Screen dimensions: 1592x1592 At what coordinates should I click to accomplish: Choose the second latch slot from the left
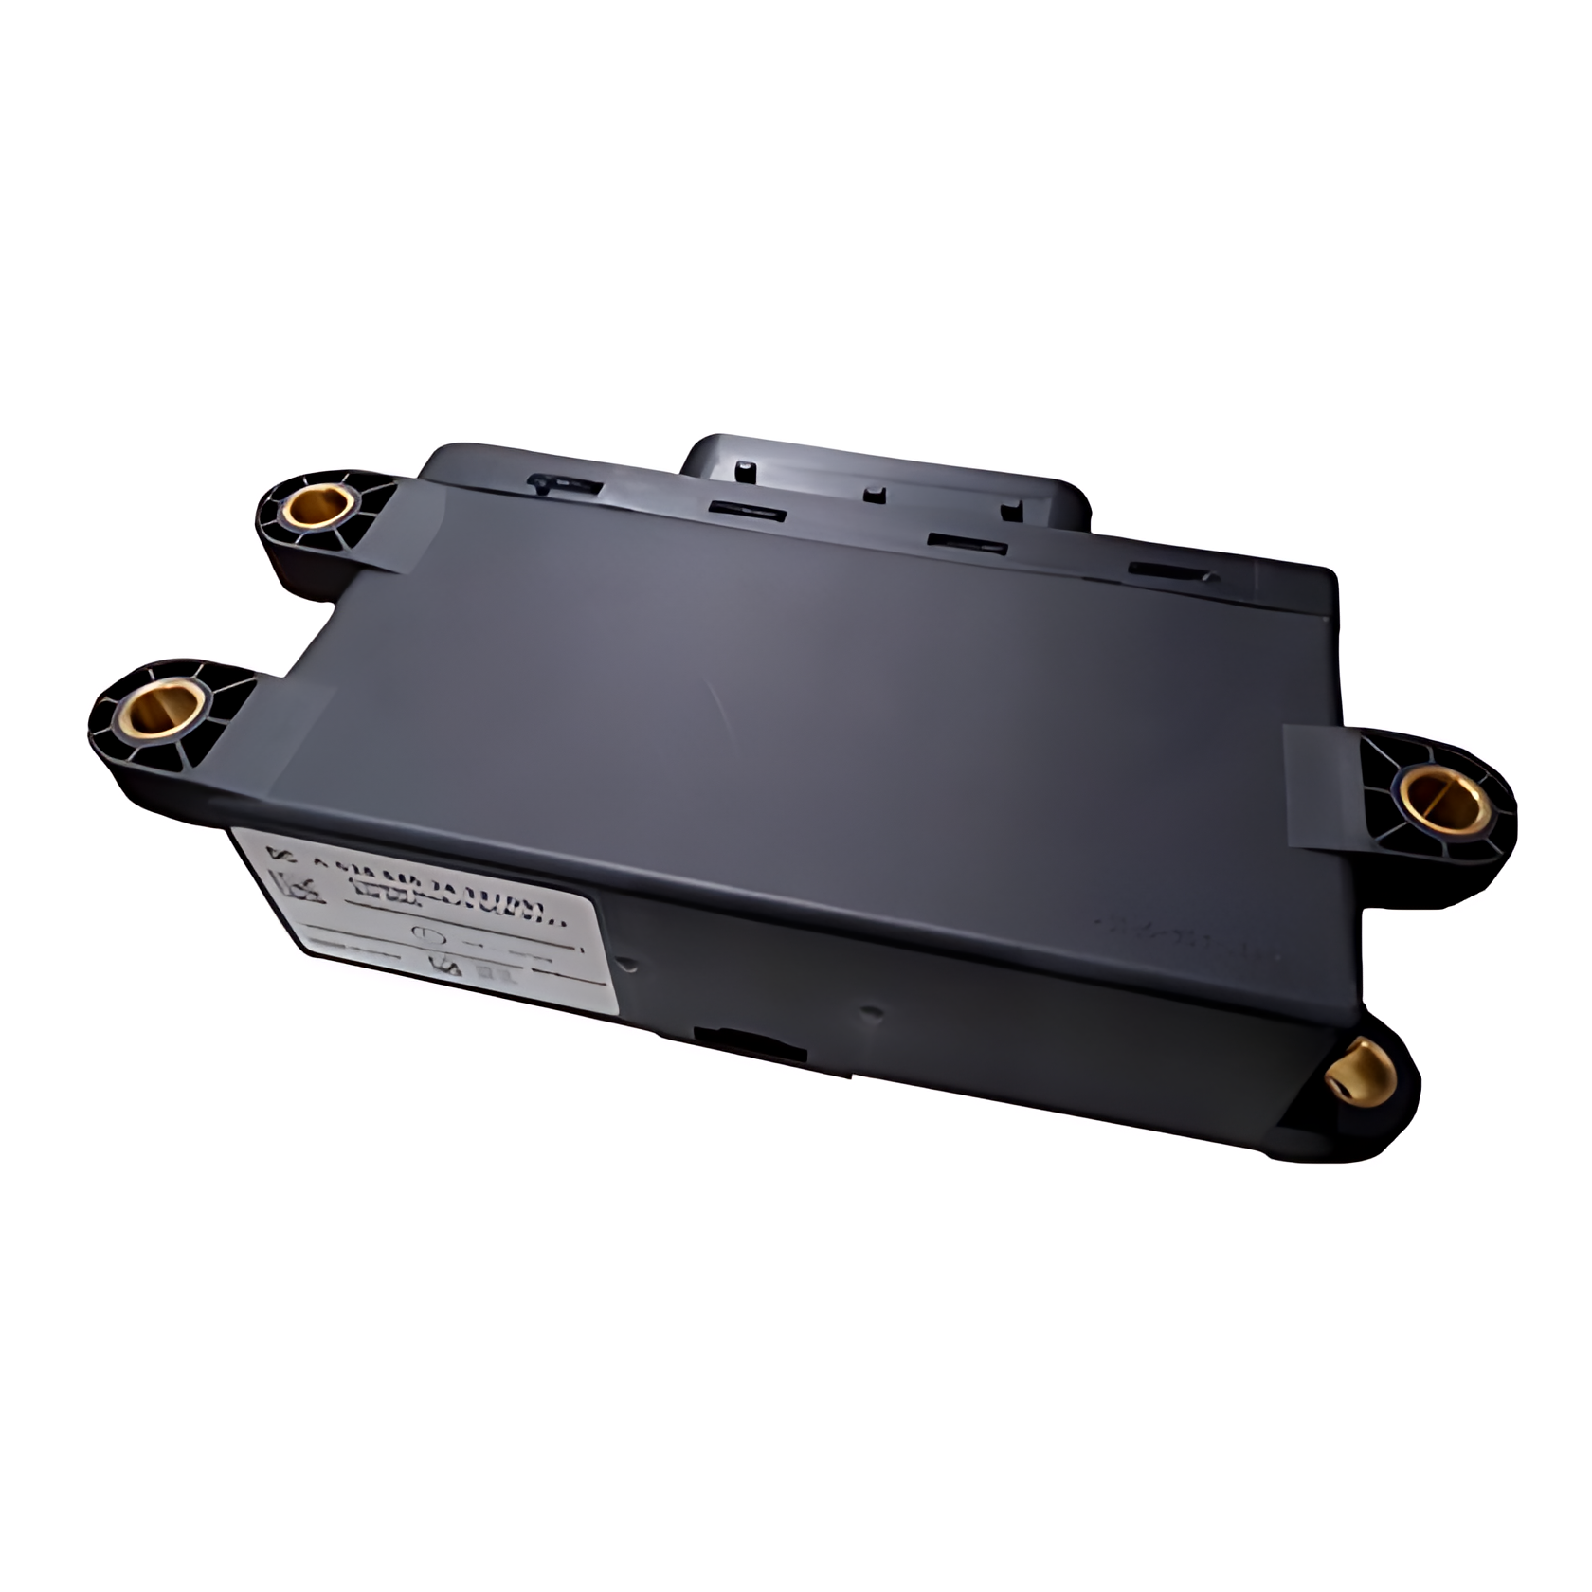tap(749, 513)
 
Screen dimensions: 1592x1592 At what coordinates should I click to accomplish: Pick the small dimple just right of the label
tap(627, 965)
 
